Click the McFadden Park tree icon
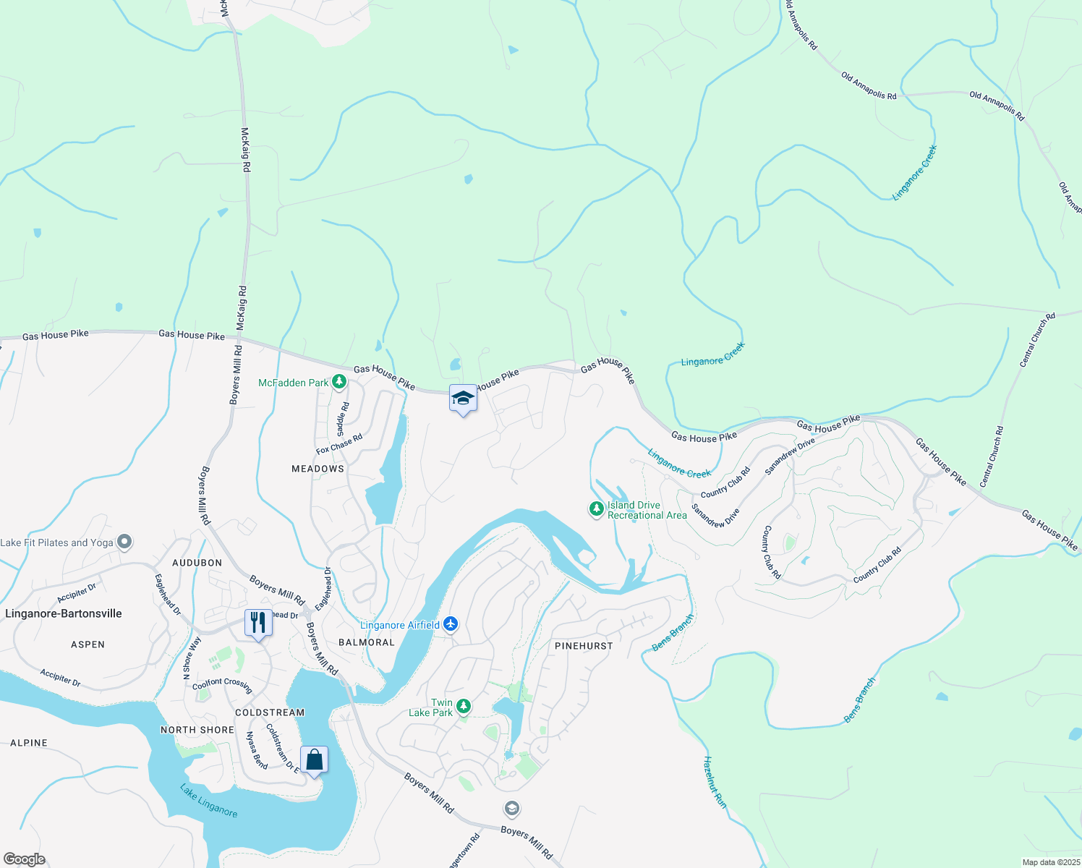338,382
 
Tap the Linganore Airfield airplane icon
451,624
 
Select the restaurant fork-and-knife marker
258,623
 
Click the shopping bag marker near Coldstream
314,760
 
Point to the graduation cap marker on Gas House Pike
463,399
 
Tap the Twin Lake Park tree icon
464,706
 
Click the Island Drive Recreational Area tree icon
596,509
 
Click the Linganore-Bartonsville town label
64,613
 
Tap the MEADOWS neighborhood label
318,469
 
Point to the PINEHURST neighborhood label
584,646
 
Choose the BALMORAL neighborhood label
367,642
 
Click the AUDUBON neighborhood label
197,563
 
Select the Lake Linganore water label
209,801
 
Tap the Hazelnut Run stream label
715,782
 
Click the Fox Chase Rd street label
339,444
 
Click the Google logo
24,859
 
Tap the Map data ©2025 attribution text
1049,862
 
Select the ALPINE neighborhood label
29,743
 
